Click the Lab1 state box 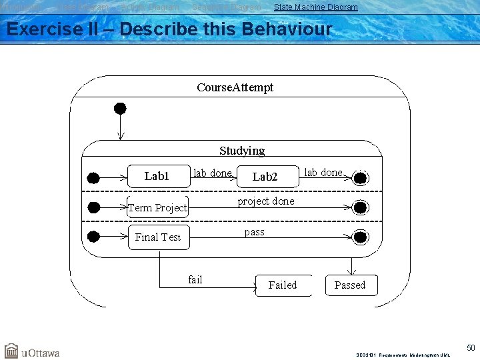pos(157,177)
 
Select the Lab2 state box pos(265,177)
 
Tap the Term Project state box pos(157,207)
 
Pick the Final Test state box pos(158,237)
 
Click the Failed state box pos(283,285)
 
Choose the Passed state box pos(350,285)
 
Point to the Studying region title pos(242,151)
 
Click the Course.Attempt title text pos(235,87)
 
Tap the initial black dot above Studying pos(120,108)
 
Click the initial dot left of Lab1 pos(93,178)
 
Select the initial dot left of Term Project pos(93,207)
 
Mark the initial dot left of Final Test pos(93,237)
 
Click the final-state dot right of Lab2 pos(361,178)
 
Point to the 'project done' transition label pos(266,201)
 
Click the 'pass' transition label pos(254,232)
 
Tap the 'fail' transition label pos(195,279)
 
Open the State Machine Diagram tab pos(315,7)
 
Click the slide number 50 pos(471,348)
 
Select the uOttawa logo pos(32,351)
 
